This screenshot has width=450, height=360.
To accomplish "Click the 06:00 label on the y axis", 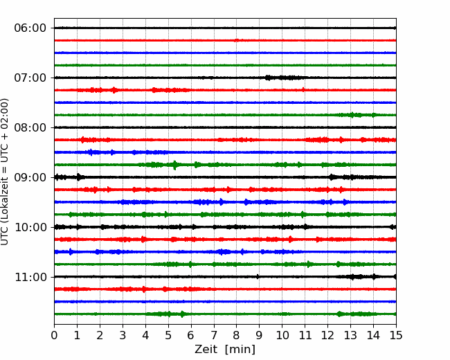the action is (x=30, y=28).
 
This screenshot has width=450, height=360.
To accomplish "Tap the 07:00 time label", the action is (x=30, y=78).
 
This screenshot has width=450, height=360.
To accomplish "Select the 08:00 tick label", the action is (x=30, y=127).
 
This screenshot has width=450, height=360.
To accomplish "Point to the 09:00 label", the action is (x=30, y=177).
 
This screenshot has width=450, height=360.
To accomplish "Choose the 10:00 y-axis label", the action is (x=30, y=227).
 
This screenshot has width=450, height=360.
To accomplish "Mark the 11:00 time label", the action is (x=30, y=277).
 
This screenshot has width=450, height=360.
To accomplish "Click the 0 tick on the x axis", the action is (x=54, y=335).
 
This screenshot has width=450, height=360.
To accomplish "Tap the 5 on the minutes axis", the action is (x=168, y=335).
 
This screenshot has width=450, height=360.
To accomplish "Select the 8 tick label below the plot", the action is (x=237, y=335).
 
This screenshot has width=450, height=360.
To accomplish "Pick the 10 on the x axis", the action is (x=282, y=335).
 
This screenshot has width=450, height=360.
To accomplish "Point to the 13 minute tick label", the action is (x=350, y=335).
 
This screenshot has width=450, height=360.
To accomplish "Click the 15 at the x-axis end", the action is (x=396, y=335).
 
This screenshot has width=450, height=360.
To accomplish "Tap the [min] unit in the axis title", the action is (x=240, y=350).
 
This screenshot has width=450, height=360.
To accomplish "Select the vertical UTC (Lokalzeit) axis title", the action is (x=4, y=172).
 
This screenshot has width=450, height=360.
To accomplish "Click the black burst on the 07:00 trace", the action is (x=286, y=78).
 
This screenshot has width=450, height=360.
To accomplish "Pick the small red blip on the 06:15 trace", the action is (x=237, y=40).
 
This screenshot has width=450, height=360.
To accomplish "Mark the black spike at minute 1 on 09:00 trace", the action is (x=79, y=177).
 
